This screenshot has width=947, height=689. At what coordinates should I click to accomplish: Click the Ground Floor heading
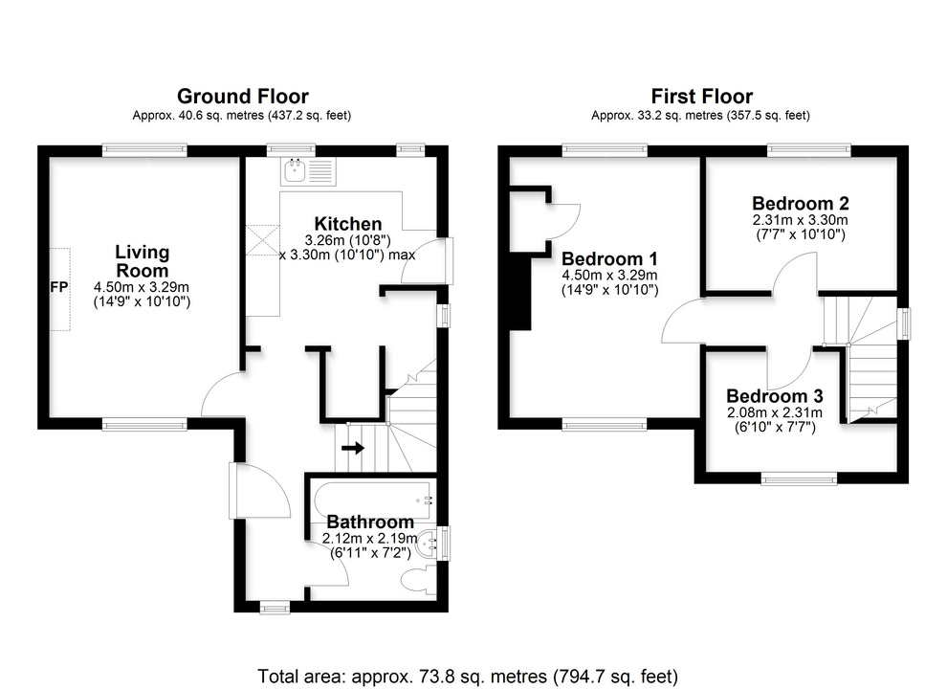[x=242, y=96]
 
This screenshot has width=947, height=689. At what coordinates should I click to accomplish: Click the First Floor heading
[x=701, y=96]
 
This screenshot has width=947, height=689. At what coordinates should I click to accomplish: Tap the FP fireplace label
[x=56, y=287]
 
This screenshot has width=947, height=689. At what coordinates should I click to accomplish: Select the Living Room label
[x=142, y=261]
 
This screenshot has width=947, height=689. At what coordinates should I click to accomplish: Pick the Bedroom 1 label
[x=609, y=259]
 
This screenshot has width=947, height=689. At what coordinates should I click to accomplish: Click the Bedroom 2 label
[x=800, y=203]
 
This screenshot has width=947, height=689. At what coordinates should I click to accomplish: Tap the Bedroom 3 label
[x=774, y=396]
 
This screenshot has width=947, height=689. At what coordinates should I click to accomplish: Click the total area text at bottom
[x=468, y=676]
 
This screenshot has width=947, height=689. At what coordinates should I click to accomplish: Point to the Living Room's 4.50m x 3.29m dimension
[x=141, y=287]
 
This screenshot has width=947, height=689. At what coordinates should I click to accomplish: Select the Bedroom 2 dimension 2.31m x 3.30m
[x=800, y=220]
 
